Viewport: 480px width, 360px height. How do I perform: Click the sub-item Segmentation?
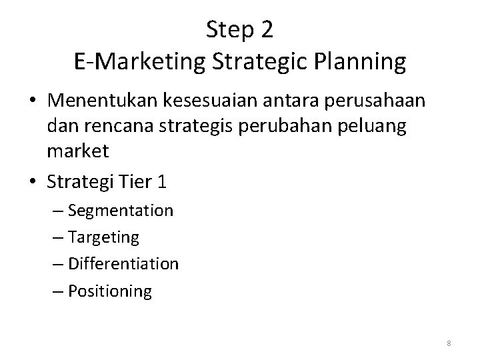pos(120,211)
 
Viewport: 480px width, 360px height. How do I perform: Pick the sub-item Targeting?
pos(103,237)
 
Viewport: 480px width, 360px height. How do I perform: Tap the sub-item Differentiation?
pos(123,264)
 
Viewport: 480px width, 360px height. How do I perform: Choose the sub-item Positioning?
pos(109,291)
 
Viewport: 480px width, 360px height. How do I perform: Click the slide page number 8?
pos(449,343)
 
